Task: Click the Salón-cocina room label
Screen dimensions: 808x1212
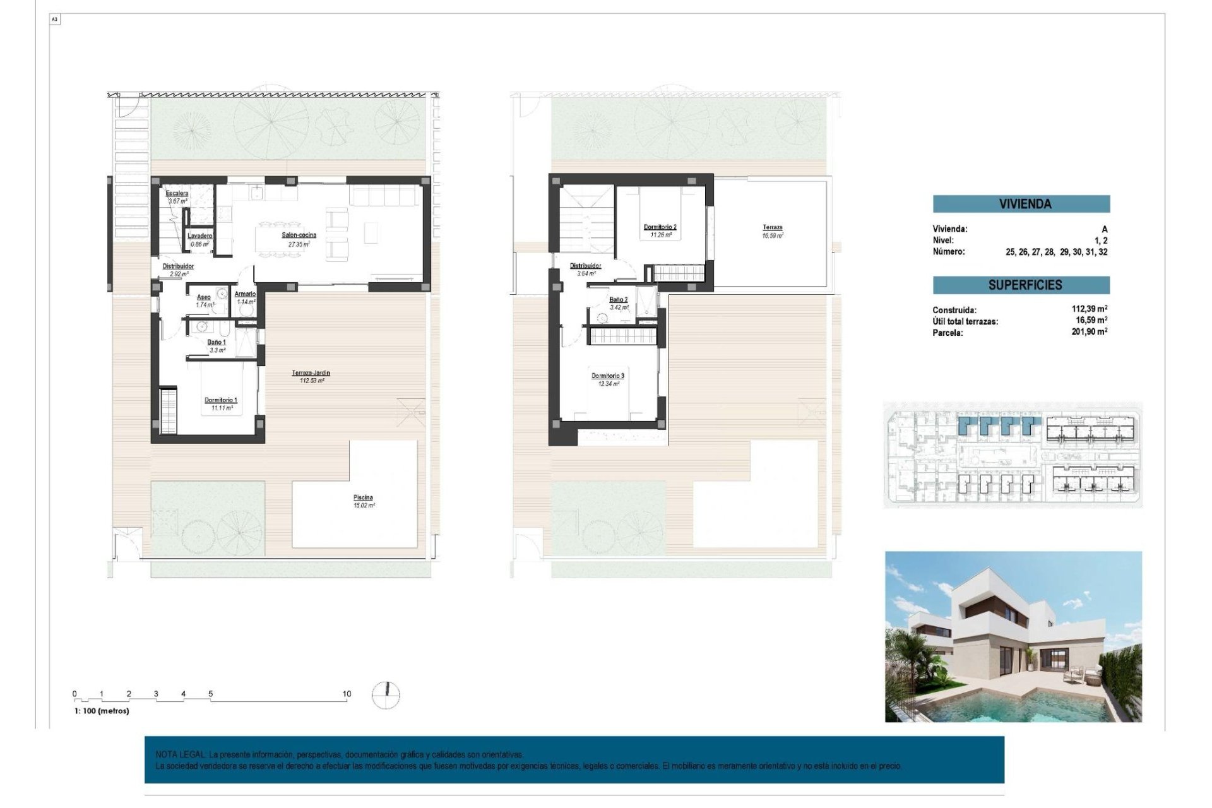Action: click(299, 235)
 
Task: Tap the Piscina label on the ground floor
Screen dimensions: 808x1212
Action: click(363, 497)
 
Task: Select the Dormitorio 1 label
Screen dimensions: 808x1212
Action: click(221, 400)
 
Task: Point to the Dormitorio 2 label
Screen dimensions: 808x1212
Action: click(660, 227)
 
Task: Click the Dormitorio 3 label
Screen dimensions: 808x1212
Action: click(608, 376)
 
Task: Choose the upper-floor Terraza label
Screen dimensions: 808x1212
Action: click(773, 227)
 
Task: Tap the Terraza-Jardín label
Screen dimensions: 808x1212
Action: click(311, 373)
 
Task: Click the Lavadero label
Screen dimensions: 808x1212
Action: click(200, 236)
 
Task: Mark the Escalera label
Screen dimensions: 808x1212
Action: click(177, 193)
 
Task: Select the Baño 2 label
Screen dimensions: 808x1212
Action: click(619, 300)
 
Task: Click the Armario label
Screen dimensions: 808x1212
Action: click(245, 294)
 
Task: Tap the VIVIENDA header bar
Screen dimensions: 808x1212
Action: click(1021, 204)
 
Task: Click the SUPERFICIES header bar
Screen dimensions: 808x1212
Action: click(1021, 285)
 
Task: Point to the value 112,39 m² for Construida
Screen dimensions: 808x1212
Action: click(1089, 309)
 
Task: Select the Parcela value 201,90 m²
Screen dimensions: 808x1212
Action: click(1089, 332)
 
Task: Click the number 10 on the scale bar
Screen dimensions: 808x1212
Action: click(347, 694)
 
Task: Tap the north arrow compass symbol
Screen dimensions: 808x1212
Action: click(386, 694)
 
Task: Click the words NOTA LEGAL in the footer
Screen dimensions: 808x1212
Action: click(180, 754)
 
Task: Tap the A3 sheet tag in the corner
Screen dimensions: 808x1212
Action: click(55, 20)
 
